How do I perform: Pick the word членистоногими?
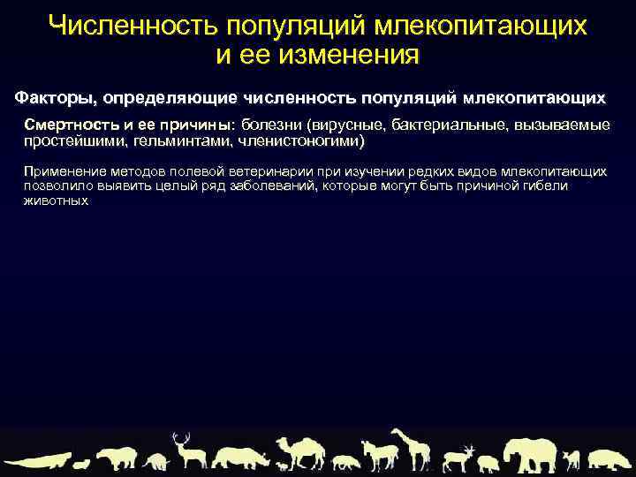[x=299, y=140]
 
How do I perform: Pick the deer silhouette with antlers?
[x=187, y=450]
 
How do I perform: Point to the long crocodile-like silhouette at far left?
[x=35, y=460]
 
